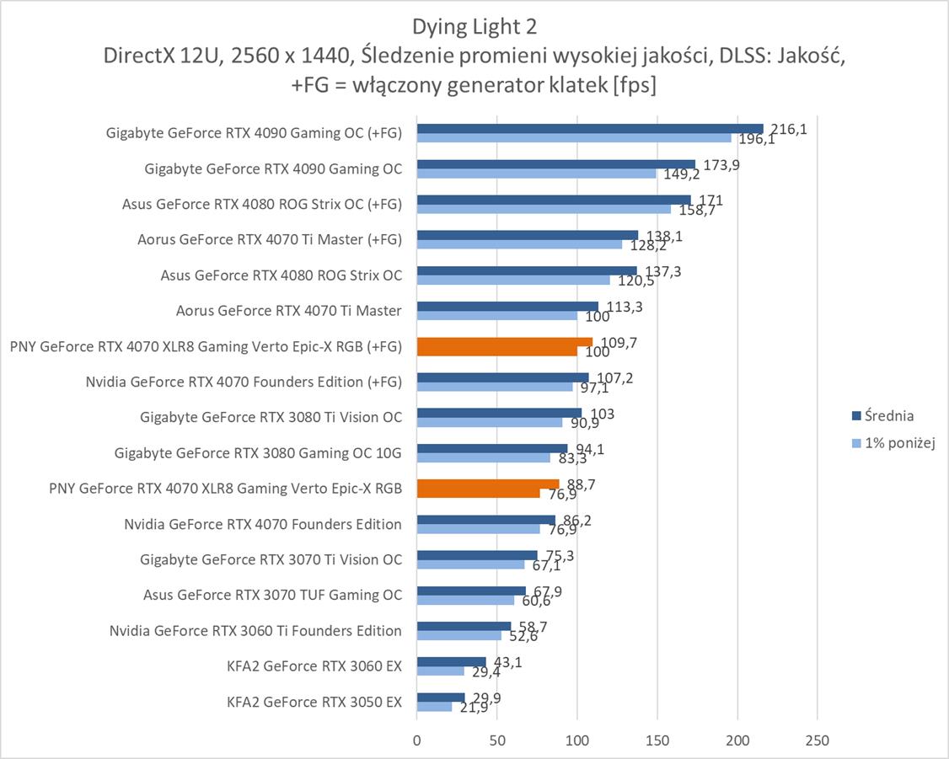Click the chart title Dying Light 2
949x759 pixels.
(474, 27)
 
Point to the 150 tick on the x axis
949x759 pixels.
(657, 740)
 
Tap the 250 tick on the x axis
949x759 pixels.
(817, 740)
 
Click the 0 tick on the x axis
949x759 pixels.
(417, 740)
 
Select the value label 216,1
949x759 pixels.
(791, 129)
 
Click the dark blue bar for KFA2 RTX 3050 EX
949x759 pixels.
(441, 697)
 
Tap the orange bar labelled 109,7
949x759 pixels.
(505, 342)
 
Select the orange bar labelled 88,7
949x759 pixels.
(488, 484)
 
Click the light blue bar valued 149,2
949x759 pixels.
(536, 174)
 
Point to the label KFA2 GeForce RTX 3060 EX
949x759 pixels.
(314, 666)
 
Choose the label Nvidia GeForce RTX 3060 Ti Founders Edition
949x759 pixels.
(255, 631)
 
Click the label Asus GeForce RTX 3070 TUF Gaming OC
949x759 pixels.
(272, 596)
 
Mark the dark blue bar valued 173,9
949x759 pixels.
(555, 164)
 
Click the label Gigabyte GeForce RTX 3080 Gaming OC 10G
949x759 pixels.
(258, 453)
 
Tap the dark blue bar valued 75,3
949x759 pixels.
(477, 554)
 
